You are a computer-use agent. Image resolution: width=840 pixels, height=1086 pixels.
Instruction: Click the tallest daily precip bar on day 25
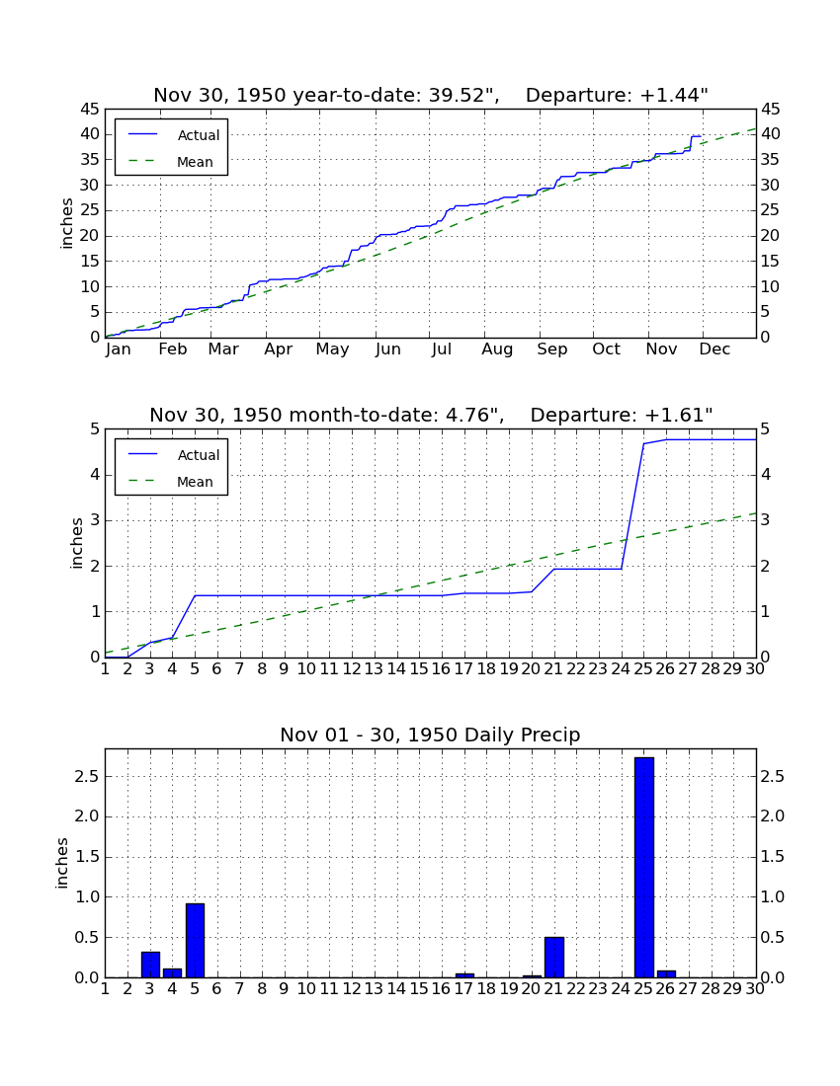coord(644,867)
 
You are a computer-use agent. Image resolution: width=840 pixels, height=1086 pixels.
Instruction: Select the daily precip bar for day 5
coord(195,941)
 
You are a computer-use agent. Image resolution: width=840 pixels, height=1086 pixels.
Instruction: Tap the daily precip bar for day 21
coord(554,958)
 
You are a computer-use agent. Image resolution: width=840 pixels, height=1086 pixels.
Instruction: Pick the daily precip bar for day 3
coord(150,965)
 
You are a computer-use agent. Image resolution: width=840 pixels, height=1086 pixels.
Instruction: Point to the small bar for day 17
coord(464,975)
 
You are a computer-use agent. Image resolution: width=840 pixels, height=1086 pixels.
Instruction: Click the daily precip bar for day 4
coord(173,973)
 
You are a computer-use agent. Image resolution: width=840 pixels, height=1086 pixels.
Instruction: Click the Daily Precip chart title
coord(430,735)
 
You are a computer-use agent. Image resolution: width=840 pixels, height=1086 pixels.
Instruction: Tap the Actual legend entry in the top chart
coord(173,135)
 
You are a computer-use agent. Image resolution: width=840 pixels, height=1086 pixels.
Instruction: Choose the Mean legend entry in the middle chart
coord(173,482)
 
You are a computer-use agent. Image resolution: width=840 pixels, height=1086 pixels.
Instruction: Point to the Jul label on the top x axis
coord(442,349)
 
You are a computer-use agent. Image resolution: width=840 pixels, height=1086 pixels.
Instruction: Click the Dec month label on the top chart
coord(714,349)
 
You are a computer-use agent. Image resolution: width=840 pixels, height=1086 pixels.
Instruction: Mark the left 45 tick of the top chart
coord(91,110)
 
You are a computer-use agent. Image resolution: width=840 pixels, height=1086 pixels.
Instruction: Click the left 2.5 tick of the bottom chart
coord(87,776)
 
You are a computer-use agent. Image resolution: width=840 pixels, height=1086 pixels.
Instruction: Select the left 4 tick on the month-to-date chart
coord(95,475)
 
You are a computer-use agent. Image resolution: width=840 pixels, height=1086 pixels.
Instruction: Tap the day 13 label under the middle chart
coord(375,669)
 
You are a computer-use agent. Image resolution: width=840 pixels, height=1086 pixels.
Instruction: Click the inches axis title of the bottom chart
coord(62,863)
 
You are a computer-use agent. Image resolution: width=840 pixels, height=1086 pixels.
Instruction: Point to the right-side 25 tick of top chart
coord(770,210)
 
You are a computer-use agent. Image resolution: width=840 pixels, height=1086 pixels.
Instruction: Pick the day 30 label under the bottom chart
coord(755,989)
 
